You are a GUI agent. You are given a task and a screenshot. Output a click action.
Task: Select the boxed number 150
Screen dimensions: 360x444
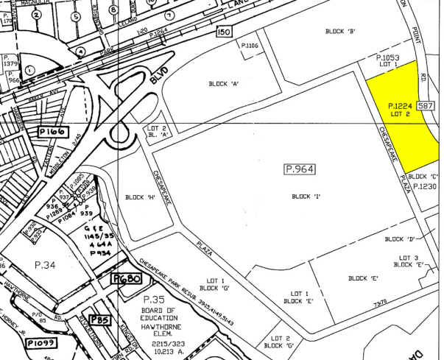point(225,32)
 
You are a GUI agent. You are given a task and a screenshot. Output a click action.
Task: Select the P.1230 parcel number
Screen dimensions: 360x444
point(425,186)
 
